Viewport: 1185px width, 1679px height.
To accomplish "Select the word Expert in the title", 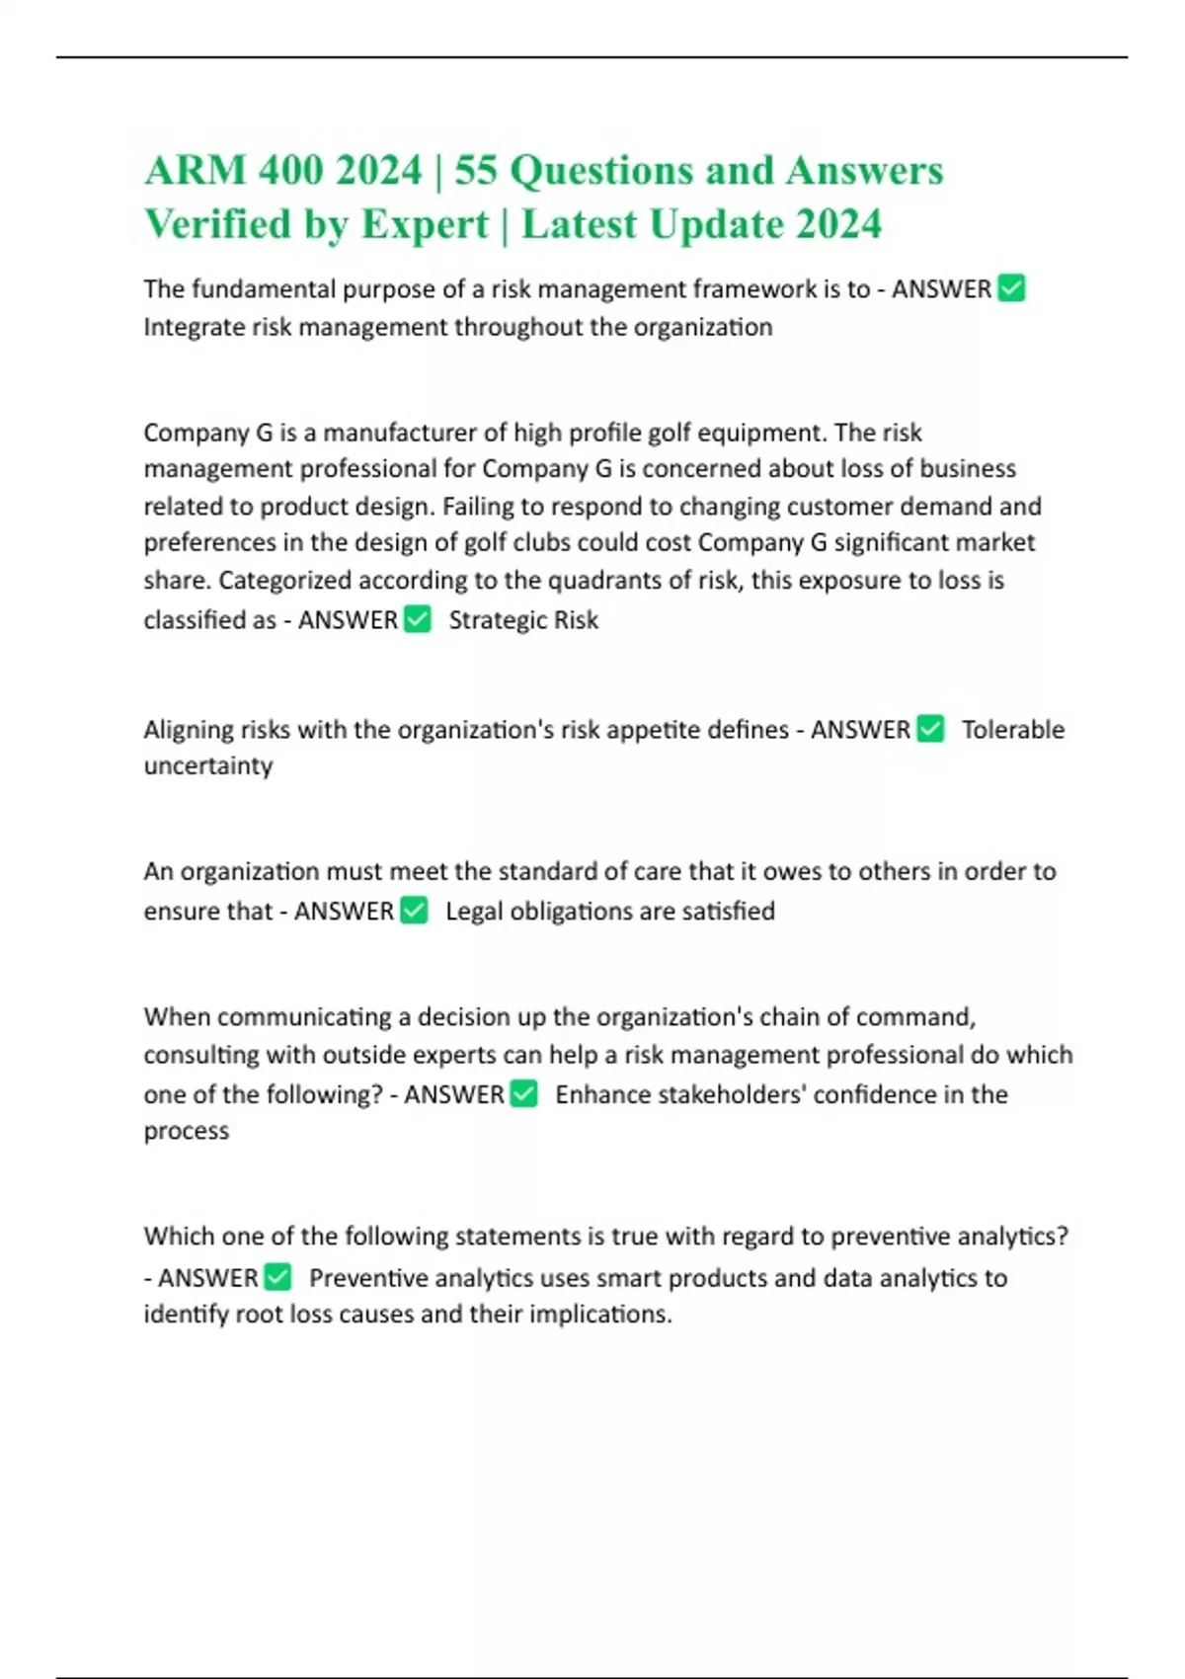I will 425,224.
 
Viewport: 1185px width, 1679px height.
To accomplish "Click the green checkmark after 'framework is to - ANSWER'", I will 1011,288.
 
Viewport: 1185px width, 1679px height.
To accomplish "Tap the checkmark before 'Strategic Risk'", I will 418,619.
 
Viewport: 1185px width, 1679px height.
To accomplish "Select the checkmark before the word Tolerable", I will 930,729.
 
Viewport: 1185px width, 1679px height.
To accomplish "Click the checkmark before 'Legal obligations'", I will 415,910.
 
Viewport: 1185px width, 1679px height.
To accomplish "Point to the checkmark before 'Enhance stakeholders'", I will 524,1093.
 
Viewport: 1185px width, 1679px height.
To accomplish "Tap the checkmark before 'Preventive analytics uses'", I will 278,1277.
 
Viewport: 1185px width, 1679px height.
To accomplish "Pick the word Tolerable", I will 1013,730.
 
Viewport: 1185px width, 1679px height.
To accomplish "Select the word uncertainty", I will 207,766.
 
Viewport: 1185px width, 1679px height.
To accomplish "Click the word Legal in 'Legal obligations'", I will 474,911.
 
